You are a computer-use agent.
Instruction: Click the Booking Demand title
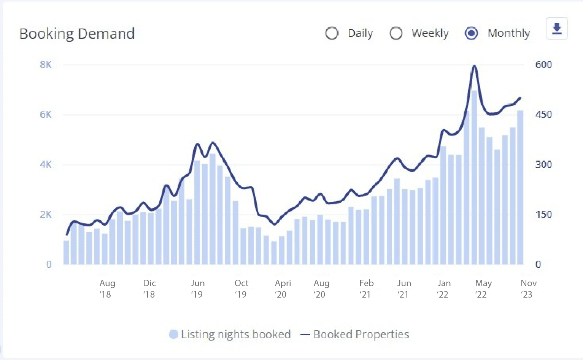(77, 34)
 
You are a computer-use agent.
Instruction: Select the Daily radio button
(332, 33)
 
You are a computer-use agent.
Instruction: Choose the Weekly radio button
(396, 33)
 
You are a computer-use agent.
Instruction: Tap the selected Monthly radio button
(471, 33)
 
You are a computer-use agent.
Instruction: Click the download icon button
(557, 29)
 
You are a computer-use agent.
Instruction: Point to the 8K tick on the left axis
(46, 65)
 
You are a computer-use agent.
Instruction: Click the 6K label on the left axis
(46, 115)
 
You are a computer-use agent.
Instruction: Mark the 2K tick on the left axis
(46, 214)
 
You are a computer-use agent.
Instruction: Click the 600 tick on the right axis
(543, 65)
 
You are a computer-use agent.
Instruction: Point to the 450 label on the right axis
(543, 115)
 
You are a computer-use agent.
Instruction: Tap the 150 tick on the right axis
(543, 214)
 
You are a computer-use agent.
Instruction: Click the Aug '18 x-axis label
(107, 288)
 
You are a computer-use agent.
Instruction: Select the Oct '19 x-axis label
(241, 288)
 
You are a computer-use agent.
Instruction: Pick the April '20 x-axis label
(283, 288)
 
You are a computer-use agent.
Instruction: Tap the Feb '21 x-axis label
(366, 288)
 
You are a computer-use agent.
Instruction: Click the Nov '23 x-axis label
(528, 288)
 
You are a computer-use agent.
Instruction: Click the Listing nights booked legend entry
(230, 335)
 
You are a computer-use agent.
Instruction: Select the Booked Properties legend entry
(355, 335)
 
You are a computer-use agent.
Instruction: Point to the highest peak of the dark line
(474, 66)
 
